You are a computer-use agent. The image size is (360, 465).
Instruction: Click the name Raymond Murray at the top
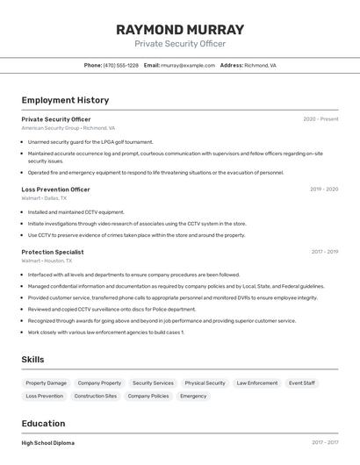(180, 29)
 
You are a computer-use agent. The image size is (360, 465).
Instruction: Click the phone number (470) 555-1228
(120, 65)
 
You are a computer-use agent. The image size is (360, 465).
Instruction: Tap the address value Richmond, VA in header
(260, 65)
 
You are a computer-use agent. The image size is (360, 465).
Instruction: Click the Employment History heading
(65, 100)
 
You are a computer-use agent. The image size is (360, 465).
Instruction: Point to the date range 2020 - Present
(320, 119)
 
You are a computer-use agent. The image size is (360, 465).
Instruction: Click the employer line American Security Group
(68, 128)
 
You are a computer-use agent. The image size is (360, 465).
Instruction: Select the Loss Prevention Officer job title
(55, 190)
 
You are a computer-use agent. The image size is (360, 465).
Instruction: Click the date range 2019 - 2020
(324, 190)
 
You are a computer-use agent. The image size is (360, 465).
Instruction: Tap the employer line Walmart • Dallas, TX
(44, 198)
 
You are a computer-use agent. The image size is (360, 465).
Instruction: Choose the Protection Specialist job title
(53, 252)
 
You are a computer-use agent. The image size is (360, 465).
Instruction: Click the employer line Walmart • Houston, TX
(47, 261)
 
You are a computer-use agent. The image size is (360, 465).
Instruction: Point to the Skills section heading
(32, 359)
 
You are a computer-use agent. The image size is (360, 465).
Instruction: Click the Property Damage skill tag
(46, 383)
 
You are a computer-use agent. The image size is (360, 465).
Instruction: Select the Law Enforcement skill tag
(256, 383)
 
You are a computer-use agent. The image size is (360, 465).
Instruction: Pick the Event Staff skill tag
(302, 383)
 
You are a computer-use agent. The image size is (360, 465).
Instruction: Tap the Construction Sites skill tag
(95, 397)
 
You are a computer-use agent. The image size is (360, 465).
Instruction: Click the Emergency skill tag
(193, 397)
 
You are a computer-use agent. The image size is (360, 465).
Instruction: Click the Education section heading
(43, 423)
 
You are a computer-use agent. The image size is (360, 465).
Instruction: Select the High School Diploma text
(47, 443)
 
